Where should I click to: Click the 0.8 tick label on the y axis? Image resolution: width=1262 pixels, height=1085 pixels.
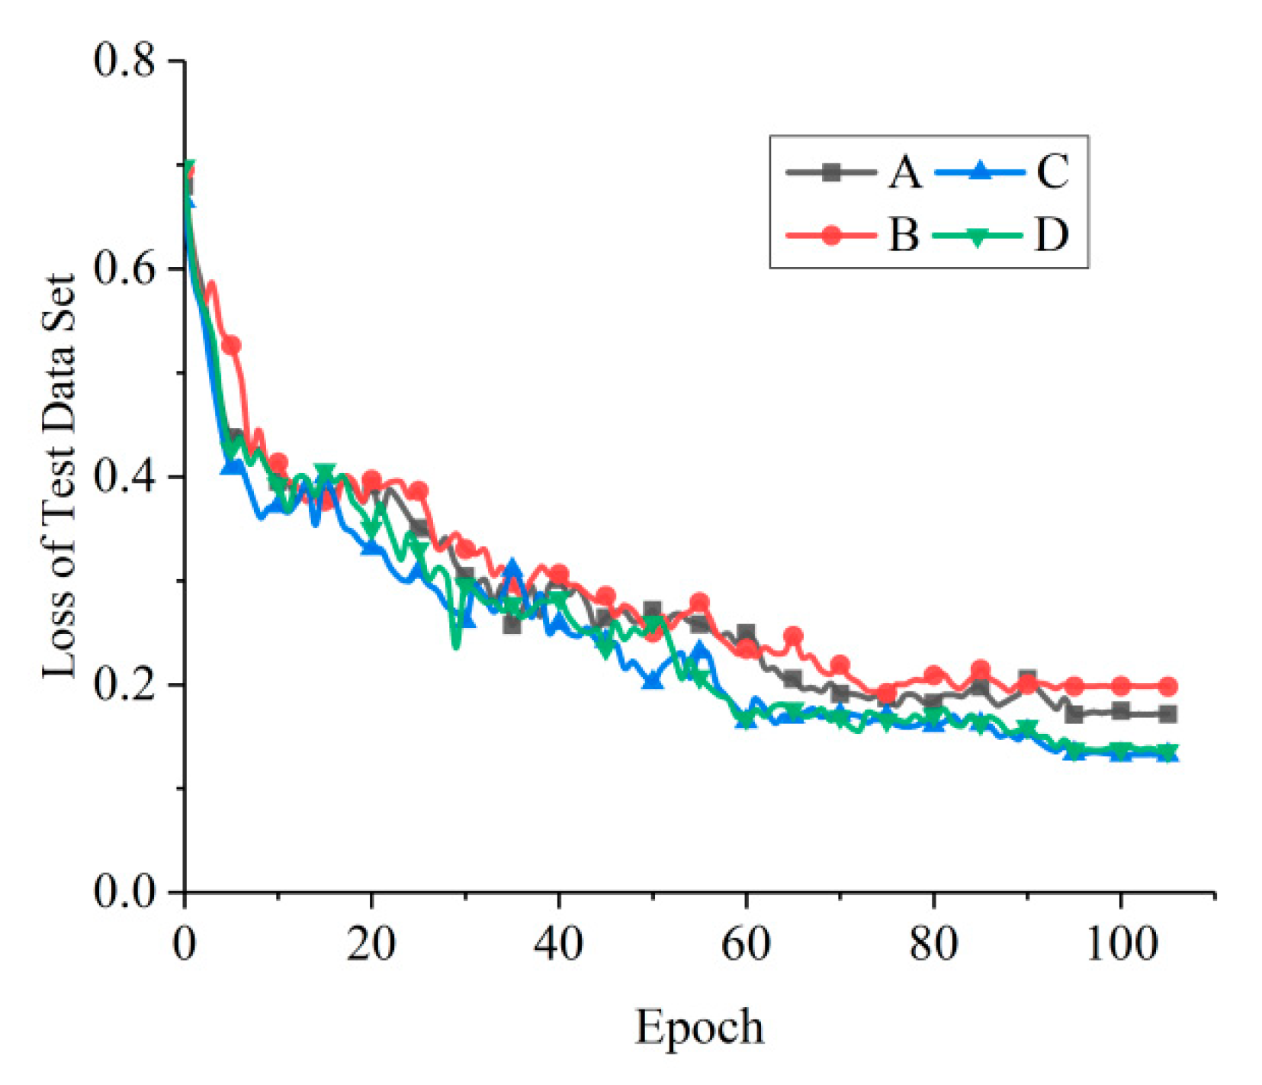point(124,60)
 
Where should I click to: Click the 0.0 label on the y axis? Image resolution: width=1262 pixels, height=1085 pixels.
point(124,891)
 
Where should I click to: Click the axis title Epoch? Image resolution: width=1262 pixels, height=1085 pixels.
point(699,1027)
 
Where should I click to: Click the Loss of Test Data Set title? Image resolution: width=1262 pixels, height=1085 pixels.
point(59,476)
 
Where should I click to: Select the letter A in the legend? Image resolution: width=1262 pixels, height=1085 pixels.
point(904,172)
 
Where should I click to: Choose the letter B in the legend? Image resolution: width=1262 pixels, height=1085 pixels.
point(904,235)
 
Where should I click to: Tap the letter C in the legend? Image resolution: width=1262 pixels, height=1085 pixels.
point(1053,172)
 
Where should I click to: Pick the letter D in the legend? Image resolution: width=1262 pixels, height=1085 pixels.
point(1052,235)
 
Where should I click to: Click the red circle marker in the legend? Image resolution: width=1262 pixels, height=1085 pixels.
point(832,236)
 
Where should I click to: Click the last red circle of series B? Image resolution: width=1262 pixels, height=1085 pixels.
point(1167,687)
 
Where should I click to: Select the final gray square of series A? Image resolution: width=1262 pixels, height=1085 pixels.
point(1167,715)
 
